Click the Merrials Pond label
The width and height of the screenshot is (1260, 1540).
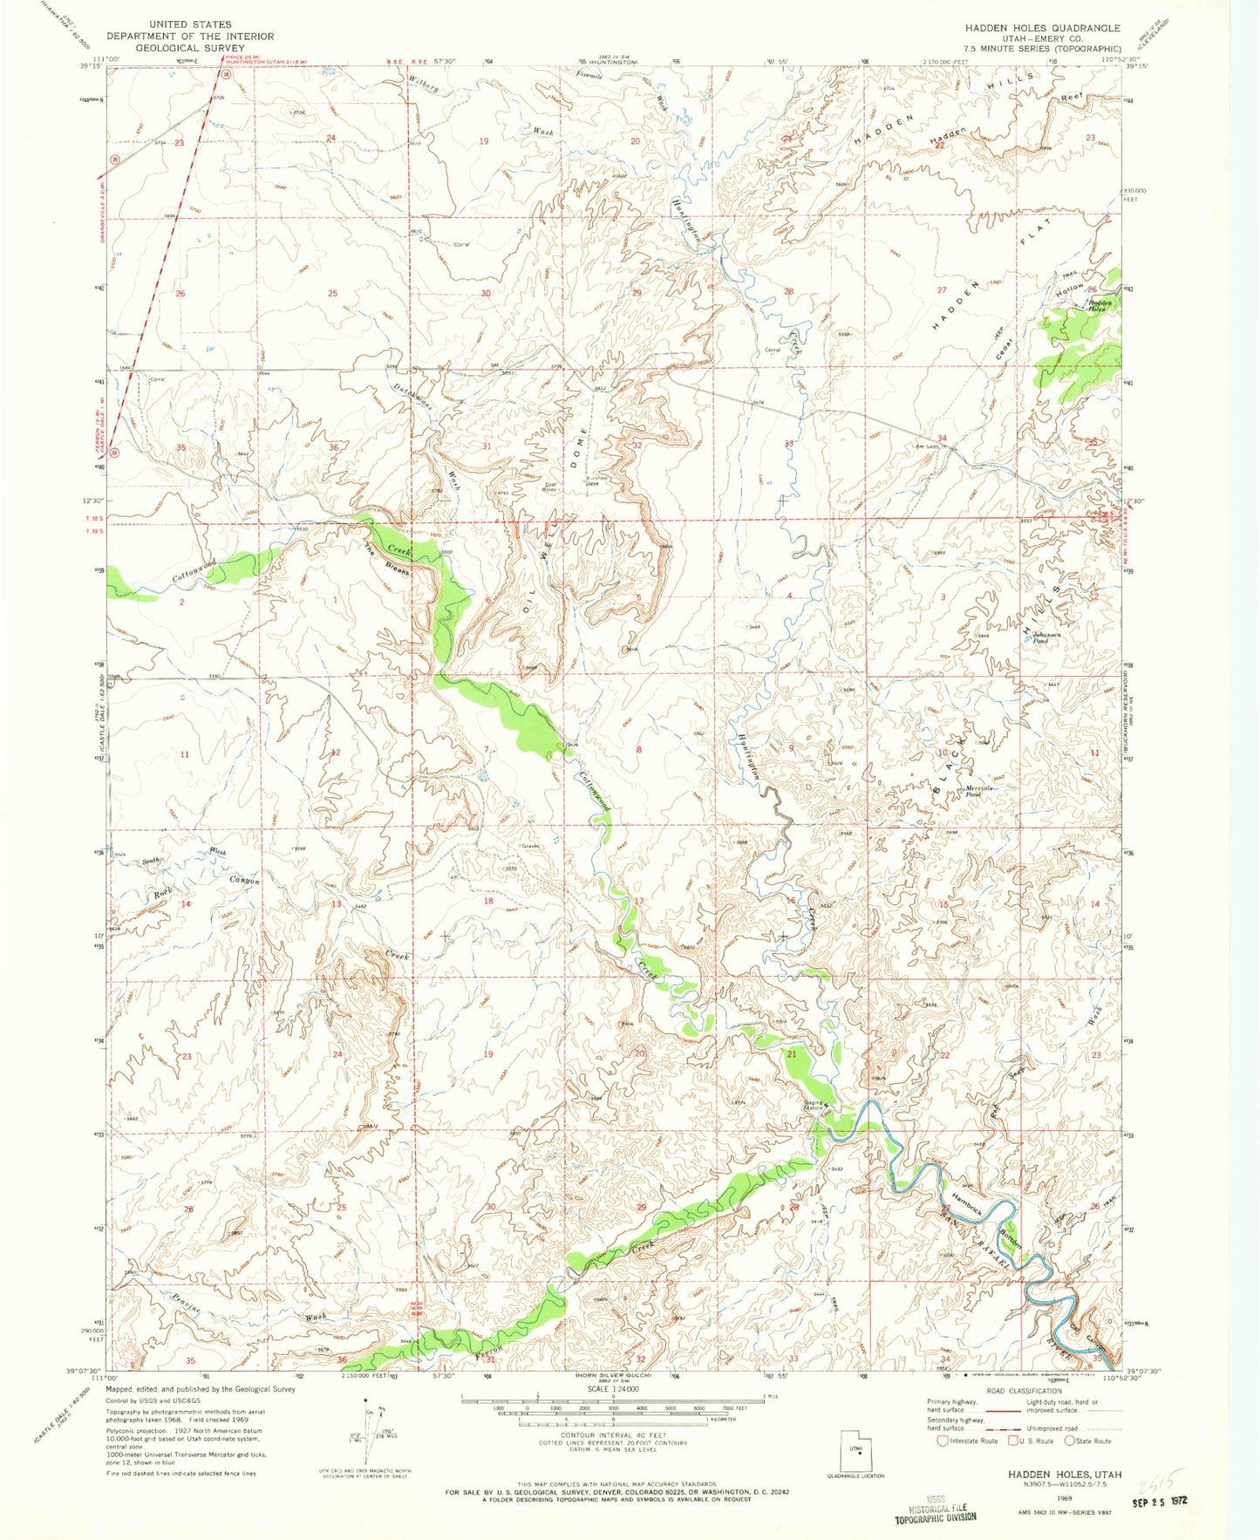(975, 791)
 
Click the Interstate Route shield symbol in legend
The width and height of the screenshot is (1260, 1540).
(943, 1465)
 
